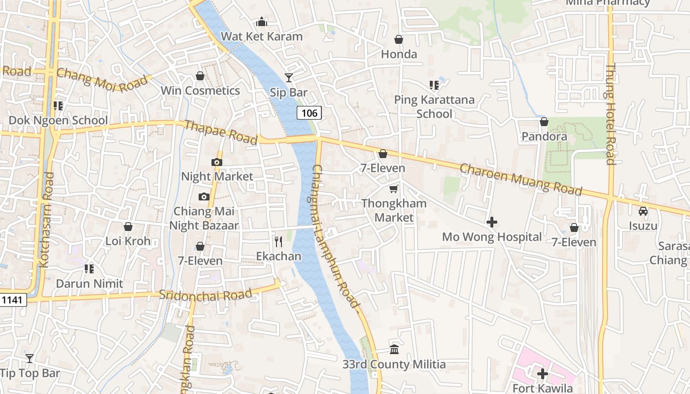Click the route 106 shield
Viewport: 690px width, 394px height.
pos(309,113)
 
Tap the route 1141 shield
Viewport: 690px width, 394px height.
pos(12,299)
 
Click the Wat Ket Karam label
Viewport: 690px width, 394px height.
pos(261,36)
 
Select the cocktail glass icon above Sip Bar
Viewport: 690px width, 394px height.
pos(288,78)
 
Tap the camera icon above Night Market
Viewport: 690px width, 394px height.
pos(216,162)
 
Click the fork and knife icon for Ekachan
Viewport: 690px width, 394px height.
pos(278,241)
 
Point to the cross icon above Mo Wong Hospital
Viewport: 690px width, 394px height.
pos(491,222)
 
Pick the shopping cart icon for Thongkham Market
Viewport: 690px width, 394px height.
pos(393,189)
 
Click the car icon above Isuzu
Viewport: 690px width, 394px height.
pos(643,211)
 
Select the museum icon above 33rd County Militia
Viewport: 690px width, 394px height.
pos(394,349)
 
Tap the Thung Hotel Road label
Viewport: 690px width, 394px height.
pos(610,114)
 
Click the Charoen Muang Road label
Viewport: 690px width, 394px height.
pos(521,179)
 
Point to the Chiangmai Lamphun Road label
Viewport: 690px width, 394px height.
pos(336,236)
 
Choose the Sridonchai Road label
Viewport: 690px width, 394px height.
pos(206,295)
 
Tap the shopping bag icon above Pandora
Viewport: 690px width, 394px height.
pos(544,122)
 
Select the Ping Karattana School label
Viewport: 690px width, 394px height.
pos(434,106)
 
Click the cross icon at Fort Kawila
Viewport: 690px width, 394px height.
pos(542,374)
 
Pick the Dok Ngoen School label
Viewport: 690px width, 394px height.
pos(58,120)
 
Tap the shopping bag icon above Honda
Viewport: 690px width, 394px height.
pos(399,39)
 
